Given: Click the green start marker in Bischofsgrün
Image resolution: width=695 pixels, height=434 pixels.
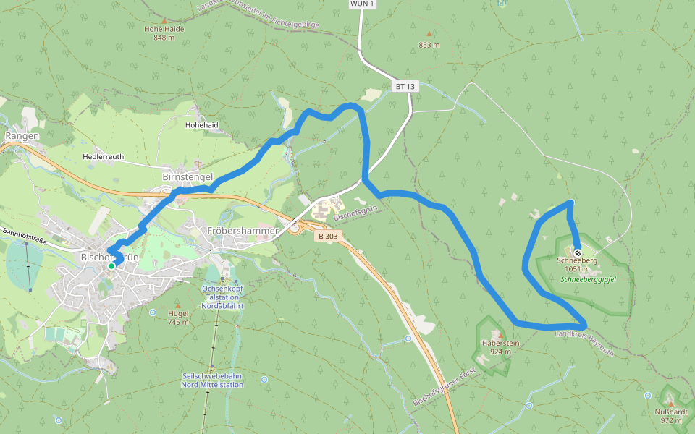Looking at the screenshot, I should click(111, 266).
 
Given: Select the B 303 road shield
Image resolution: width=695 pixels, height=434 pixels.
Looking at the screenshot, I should click(327, 236).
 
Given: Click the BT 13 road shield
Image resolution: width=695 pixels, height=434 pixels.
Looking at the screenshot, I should click(405, 86).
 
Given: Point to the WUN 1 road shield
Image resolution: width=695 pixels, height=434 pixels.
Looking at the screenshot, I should click(361, 4).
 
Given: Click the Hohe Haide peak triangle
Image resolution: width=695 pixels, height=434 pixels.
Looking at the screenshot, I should click(164, 20).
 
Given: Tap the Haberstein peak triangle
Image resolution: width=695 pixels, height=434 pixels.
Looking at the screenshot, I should click(500, 336).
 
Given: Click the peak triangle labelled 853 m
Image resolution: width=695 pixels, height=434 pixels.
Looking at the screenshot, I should click(429, 33).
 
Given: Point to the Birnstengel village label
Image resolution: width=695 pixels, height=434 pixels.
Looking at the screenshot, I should click(188, 176).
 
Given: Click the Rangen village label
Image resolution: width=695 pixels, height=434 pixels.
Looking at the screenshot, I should click(21, 135).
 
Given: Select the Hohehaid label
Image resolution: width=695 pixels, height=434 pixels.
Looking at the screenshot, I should click(202, 124).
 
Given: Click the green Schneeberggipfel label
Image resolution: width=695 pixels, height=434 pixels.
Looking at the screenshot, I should click(587, 278).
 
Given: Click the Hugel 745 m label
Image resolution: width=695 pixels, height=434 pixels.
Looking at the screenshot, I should click(178, 318).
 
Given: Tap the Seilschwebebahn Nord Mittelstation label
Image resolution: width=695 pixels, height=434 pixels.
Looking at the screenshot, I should click(212, 380).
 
